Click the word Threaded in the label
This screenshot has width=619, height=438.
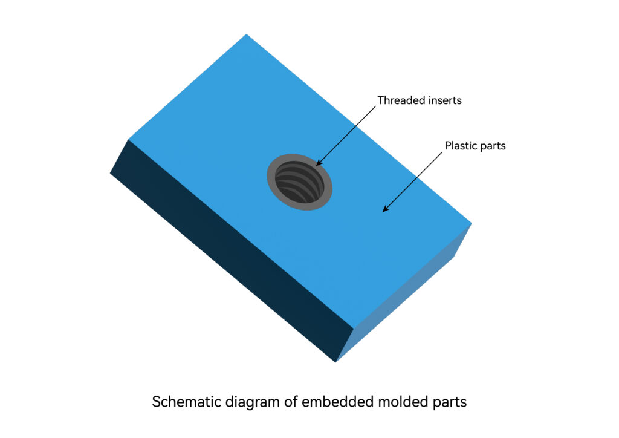398,100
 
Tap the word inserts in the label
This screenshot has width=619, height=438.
441,100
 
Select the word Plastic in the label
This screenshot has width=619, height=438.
460,146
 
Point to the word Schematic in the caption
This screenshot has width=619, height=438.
187,402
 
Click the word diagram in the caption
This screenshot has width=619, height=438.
253,402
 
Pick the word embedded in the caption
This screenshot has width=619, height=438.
337,402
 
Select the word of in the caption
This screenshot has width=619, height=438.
291,402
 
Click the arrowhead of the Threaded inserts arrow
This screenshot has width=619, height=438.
319,163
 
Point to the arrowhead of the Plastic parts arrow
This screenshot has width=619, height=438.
385,209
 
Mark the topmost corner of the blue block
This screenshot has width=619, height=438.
247,34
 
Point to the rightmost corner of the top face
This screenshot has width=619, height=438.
472,224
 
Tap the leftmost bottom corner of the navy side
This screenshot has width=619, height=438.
110,173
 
